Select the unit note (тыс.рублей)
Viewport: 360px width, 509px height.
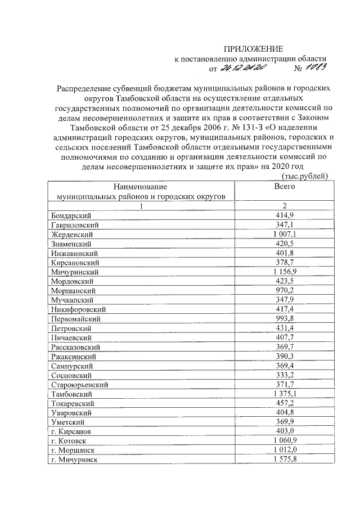point(304,177)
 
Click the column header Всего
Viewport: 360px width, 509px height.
point(284,186)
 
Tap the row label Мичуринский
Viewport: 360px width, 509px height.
point(74,272)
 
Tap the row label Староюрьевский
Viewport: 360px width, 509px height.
point(79,385)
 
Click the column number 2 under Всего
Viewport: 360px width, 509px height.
point(284,205)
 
